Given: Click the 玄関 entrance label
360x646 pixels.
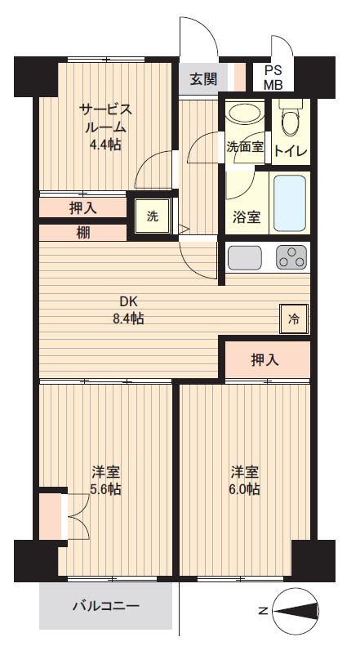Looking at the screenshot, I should coord(204,79).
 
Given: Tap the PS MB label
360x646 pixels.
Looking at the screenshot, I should coord(273,78).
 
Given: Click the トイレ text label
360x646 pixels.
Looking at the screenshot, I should coord(290,150).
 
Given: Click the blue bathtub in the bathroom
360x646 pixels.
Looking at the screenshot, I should coord(291,202).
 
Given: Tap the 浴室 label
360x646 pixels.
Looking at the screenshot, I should coord(247,217).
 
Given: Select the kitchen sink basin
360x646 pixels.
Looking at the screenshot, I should coord(244,257).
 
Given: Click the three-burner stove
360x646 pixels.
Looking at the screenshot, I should coord(291,257).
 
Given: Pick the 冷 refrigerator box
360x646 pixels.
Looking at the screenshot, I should coord(294,319).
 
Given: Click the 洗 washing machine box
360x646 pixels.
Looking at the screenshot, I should coord(153,216).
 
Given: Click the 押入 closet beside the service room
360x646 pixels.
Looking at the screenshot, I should coord(82,207).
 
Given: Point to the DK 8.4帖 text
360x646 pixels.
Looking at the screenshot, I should coord(128,310).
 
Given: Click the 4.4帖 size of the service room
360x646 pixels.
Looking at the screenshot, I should coord(106,145).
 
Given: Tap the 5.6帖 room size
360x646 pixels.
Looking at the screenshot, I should coord(106,490).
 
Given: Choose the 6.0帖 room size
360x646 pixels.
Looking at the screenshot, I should coord(245,490).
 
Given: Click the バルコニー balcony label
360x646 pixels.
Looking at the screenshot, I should coord(106,606).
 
